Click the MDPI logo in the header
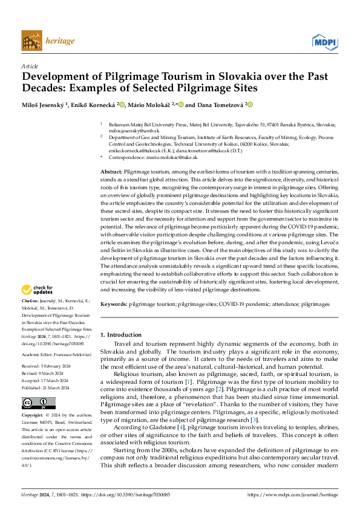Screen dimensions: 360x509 [x=324, y=42]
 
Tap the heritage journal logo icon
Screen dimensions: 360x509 [x=31, y=41]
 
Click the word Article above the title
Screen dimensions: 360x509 [x=30, y=66]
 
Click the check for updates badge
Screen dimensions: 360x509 [x=38, y=290]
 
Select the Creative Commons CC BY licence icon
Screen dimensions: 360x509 [x=39, y=403]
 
